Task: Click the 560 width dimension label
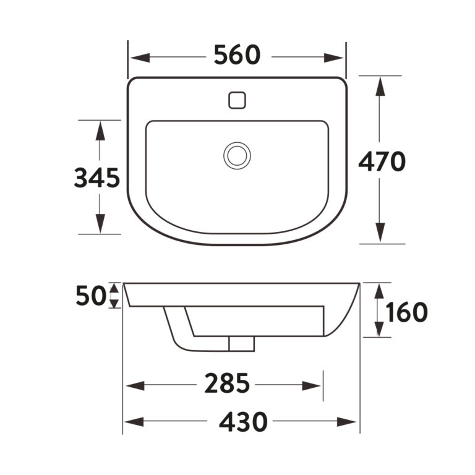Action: pyautogui.click(x=237, y=55)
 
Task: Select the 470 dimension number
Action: pyautogui.click(x=382, y=161)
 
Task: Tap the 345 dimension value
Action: pyautogui.click(x=97, y=178)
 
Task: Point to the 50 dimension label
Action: pyautogui.click(x=91, y=296)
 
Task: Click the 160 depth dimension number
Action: pyautogui.click(x=406, y=312)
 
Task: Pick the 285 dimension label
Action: pyautogui.click(x=227, y=383)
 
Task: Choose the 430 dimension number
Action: pyautogui.click(x=243, y=421)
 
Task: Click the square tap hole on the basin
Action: pyautogui.click(x=237, y=100)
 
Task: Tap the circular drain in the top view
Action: pyautogui.click(x=237, y=155)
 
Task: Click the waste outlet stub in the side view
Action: pyautogui.click(x=241, y=344)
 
